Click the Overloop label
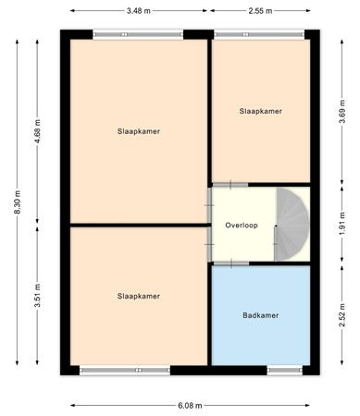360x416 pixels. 242,226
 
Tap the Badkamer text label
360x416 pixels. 260,315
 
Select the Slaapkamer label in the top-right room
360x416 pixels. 260,111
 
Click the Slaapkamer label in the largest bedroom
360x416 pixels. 139,131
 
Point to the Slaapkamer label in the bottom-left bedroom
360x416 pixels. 139,296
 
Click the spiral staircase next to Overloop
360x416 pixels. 293,225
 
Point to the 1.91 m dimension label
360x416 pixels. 341,225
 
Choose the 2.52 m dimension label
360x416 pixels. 341,317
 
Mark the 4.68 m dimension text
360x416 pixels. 38,131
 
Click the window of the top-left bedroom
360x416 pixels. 138,35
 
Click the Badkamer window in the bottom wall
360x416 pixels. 281,370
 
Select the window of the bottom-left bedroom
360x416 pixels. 111,370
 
